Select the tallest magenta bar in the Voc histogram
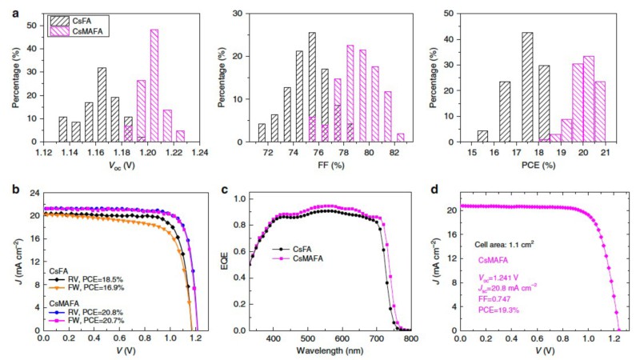click(154, 86)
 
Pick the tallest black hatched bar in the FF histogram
click(312, 87)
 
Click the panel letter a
click(5, 6)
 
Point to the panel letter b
click(5, 192)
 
